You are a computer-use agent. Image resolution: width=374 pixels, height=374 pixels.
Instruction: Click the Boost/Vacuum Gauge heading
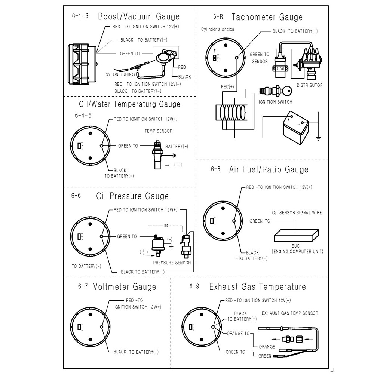[139, 16]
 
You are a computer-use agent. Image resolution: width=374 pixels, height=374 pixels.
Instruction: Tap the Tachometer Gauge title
[267, 17]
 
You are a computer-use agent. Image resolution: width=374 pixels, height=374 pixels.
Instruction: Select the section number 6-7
[83, 287]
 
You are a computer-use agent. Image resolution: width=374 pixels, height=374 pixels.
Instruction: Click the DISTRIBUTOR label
[309, 85]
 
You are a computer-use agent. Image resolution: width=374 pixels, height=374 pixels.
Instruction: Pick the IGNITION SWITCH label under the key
[275, 102]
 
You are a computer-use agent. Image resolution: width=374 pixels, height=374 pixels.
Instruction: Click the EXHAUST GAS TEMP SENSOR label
[290, 313]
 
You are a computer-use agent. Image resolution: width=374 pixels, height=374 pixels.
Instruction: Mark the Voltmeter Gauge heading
[125, 287]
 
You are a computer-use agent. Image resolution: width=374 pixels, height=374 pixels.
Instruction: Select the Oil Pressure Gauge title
[132, 196]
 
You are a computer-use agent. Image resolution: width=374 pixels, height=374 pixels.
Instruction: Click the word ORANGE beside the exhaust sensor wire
[267, 347]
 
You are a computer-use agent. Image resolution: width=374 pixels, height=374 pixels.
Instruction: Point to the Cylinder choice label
[218, 29]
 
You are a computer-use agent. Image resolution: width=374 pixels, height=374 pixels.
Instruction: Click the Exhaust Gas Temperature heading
[257, 287]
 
